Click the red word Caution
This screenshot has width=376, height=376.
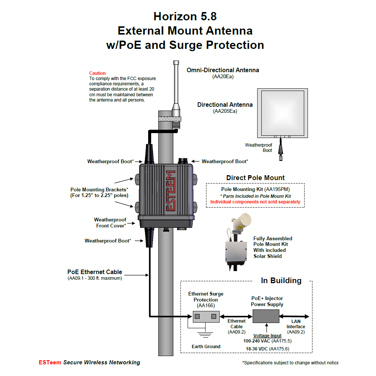point(97,73)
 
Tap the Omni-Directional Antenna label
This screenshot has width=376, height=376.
point(223,70)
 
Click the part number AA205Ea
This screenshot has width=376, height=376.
point(225,111)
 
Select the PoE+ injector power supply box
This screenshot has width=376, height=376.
point(266,316)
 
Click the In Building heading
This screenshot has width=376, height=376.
point(281,280)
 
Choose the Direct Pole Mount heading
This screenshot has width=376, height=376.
point(255,178)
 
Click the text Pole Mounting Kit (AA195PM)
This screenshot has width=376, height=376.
point(255,189)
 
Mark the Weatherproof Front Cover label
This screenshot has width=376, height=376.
point(110,223)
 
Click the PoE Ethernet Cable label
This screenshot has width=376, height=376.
point(95,272)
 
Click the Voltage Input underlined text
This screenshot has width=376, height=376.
point(267,335)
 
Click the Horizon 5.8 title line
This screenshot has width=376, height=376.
point(185,17)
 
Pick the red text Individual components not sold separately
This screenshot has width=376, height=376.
point(255,202)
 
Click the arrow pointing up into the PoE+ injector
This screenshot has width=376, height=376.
point(266,327)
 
